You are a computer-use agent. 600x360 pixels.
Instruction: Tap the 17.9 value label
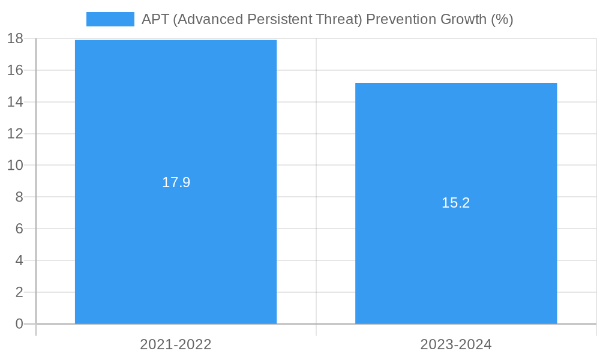coord(176,182)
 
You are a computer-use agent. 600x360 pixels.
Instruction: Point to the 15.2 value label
coord(456,203)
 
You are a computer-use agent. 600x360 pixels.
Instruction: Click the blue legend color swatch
coord(110,19)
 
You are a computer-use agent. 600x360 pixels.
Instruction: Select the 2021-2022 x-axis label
coord(176,344)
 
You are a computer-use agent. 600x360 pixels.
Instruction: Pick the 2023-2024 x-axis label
coord(456,344)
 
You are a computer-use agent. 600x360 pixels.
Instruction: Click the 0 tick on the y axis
coord(19,324)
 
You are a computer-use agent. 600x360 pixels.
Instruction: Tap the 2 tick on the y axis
coord(19,292)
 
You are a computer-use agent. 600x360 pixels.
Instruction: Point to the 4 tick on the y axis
coord(19,260)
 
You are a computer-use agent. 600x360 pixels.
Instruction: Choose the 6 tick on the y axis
coord(19,229)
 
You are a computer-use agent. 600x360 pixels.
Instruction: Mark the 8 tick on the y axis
coord(19,197)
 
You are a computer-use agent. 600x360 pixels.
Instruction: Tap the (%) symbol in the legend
coord(502,19)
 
